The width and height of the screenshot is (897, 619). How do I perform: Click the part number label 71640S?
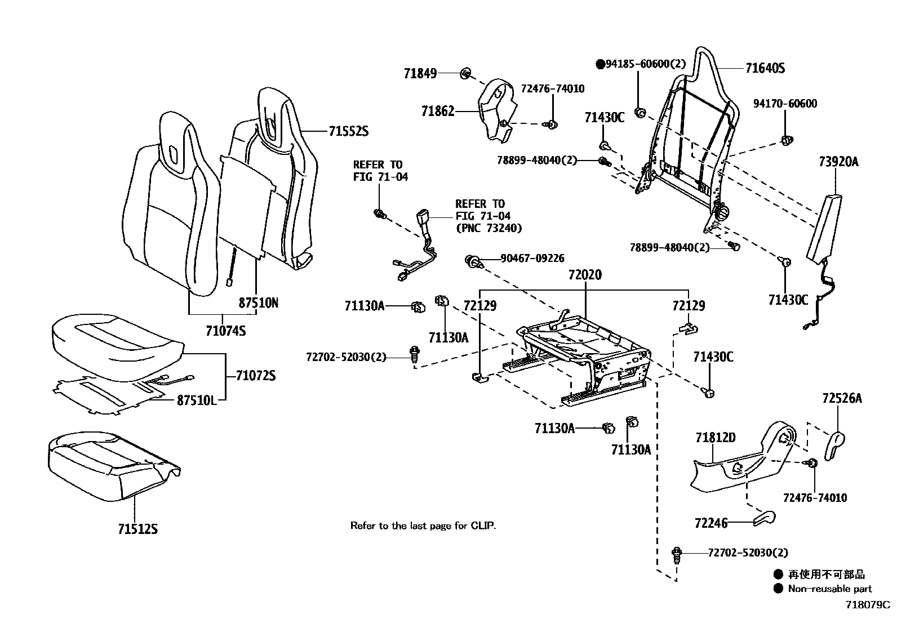pyautogui.click(x=765, y=69)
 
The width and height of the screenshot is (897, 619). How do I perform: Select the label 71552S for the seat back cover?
pyautogui.click(x=348, y=131)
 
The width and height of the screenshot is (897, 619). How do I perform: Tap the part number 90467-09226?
pyautogui.click(x=532, y=259)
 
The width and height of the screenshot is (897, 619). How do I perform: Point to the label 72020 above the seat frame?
pyautogui.click(x=585, y=275)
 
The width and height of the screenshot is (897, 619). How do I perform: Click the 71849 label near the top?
pyautogui.click(x=420, y=73)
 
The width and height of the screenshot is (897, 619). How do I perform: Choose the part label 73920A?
pyautogui.click(x=838, y=162)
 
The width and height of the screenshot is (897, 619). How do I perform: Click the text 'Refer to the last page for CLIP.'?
pyautogui.click(x=423, y=526)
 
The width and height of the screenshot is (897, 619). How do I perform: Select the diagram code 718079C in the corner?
pyautogui.click(x=867, y=605)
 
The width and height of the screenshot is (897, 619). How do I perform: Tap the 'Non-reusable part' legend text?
pyautogui.click(x=829, y=589)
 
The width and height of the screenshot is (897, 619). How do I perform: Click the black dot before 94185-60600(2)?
pyautogui.click(x=600, y=64)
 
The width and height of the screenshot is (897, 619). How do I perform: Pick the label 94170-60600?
pyautogui.click(x=785, y=104)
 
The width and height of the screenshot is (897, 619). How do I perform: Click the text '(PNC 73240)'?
pyautogui.click(x=489, y=228)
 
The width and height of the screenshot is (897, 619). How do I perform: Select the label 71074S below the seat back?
pyautogui.click(x=225, y=331)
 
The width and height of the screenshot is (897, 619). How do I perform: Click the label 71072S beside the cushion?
pyautogui.click(x=255, y=376)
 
